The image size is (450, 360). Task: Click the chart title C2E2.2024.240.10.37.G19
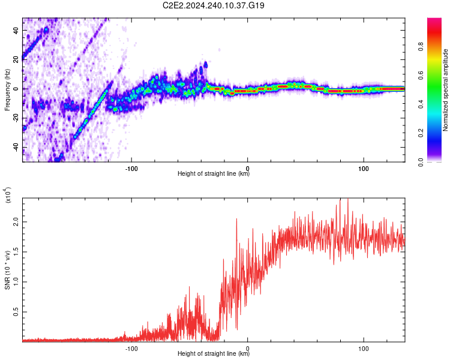213,5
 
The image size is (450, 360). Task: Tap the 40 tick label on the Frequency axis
16,31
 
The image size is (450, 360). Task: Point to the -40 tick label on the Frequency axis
16,148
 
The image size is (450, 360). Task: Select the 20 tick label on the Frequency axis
16,60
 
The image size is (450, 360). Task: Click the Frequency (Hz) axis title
7,90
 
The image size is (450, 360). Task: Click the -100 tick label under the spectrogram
131,169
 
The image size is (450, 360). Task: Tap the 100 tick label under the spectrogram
364,169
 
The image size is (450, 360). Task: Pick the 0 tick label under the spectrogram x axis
248,169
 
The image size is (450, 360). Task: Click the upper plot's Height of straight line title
214,173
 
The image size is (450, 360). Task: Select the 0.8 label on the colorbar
421,46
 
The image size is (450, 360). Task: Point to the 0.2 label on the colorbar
421,133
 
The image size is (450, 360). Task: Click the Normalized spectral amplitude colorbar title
445,90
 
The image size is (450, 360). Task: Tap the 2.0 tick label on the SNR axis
16,222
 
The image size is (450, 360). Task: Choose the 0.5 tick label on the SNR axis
16,312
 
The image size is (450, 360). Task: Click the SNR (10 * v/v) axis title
7,270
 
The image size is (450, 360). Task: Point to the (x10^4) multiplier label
8,195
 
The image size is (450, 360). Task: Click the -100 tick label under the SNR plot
131,349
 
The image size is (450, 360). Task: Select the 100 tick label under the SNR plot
364,349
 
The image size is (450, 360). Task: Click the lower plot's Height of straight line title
214,353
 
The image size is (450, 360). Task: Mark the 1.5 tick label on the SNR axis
16,252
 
